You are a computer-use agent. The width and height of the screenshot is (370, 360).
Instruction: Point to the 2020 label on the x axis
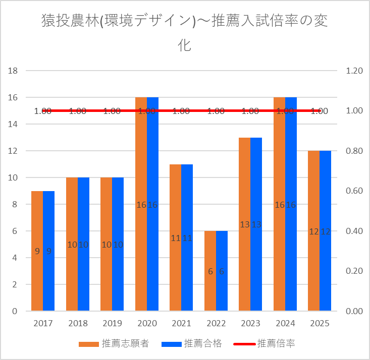coord(146,323)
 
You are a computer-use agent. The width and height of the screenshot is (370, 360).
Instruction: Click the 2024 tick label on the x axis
coord(285,323)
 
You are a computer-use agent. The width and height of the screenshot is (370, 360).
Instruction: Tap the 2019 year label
coord(112,323)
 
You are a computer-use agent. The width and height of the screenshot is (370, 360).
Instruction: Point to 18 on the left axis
coord(13,71)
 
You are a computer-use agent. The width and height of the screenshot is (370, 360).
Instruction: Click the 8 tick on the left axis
coord(15,204)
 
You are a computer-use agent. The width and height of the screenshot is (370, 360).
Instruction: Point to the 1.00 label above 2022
coord(216,111)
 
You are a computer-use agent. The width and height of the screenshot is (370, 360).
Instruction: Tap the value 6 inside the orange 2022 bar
coord(210,271)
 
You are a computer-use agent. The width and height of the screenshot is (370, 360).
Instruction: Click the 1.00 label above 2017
coord(43,111)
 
